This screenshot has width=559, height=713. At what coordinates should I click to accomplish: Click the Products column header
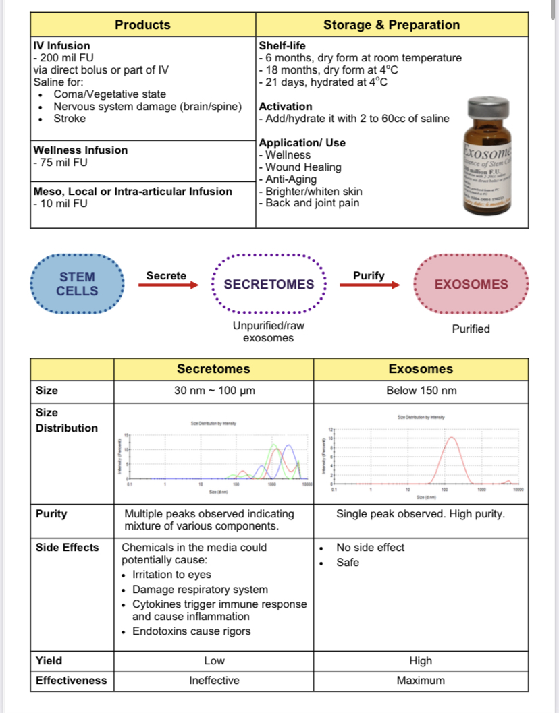pos(142,25)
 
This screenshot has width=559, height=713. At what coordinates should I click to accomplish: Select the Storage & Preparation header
pos(392,25)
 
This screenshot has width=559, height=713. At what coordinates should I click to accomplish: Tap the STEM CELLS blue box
pos(77,284)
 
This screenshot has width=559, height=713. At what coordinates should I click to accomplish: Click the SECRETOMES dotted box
pos(269,284)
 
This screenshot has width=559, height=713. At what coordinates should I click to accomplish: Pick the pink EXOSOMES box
pos(471,284)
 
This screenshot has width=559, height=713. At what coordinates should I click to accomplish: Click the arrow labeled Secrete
pos(168,285)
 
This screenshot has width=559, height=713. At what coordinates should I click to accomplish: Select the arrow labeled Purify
pos(369,285)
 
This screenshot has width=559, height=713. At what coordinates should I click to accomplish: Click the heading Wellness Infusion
pos(80,150)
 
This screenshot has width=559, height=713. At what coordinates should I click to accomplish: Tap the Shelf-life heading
pos(282,46)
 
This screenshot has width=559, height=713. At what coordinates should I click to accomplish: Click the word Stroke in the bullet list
pos(70,119)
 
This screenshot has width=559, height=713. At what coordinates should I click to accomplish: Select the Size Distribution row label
pos(66,420)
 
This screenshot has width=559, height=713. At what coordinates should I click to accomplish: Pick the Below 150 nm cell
pos(421,391)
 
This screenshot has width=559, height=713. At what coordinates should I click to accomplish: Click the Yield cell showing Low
pos(214,661)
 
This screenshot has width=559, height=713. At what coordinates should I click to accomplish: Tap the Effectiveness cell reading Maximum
pos(421,681)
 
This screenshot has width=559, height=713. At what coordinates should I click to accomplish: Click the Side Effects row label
pos(68,548)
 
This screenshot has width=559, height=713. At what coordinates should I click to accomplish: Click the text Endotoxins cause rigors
pos(191,631)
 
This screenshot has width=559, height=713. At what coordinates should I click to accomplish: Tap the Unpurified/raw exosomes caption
pos(269,331)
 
